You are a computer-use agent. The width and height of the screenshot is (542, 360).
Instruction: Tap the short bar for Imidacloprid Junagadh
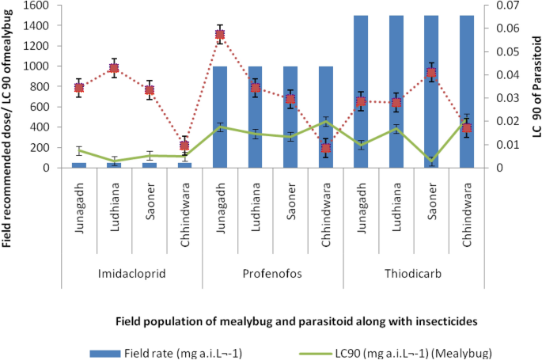click(x=79, y=165)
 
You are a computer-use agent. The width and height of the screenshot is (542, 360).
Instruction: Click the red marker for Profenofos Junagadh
click(x=220, y=35)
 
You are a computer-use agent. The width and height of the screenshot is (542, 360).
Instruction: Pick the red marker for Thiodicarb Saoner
click(x=431, y=73)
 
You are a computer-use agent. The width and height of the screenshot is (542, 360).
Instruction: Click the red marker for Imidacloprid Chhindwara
click(x=184, y=146)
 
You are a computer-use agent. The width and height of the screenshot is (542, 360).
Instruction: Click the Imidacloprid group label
click(x=131, y=275)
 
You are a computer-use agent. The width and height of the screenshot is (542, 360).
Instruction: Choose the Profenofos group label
click(x=272, y=275)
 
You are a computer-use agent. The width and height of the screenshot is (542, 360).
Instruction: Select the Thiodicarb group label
click(x=413, y=275)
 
